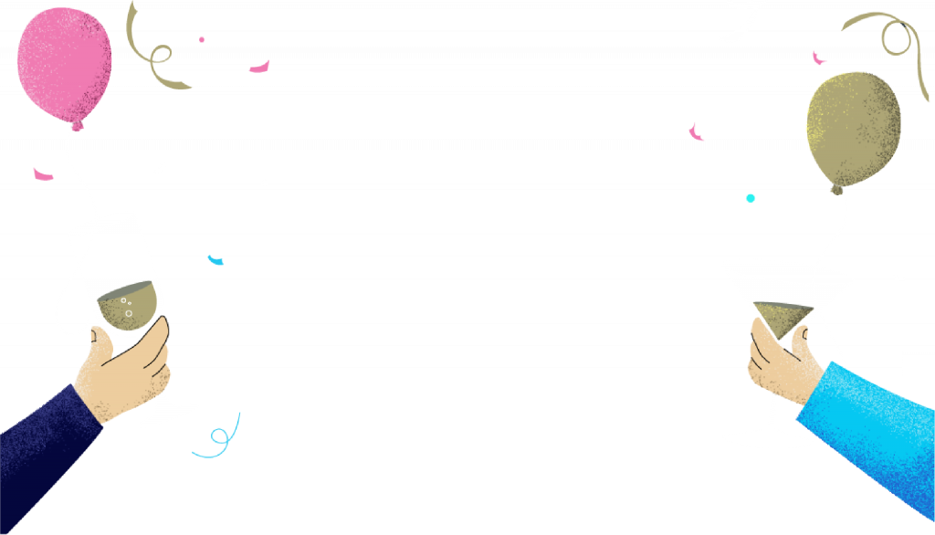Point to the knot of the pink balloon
(x=78, y=124)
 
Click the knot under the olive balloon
(x=836, y=188)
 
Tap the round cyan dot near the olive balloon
(x=751, y=197)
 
